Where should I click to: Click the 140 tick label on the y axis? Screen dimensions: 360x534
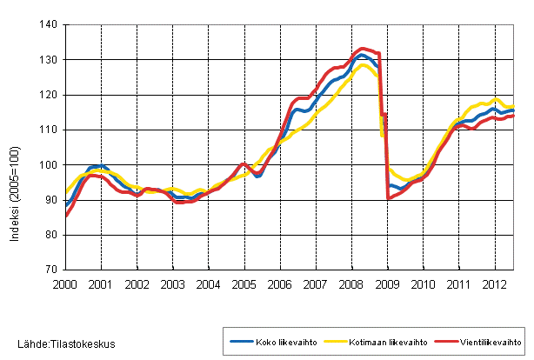(x=49, y=24)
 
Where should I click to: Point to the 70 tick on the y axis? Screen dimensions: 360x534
(x=51, y=270)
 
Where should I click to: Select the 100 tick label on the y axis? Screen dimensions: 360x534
(x=49, y=165)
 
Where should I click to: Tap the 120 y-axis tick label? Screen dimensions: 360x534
(x=49, y=95)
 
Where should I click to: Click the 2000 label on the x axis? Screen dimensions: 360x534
(x=66, y=283)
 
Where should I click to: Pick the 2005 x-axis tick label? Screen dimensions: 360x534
(x=244, y=283)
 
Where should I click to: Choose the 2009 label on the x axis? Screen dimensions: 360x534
(x=387, y=283)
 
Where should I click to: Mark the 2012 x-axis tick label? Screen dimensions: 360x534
(x=494, y=283)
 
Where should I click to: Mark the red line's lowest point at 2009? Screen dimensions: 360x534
(x=388, y=198)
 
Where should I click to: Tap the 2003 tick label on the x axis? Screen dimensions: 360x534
(x=173, y=283)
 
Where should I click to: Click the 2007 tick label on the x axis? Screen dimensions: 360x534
(x=316, y=283)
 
